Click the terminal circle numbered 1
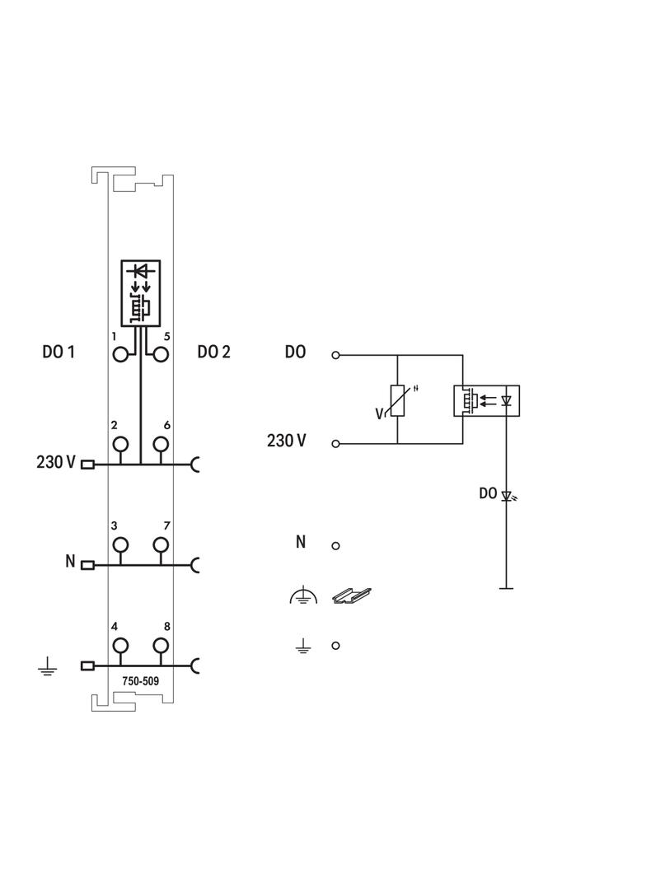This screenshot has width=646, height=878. tap(121, 355)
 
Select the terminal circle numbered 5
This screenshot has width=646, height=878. tap(161, 355)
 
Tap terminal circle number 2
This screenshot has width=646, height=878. tap(121, 444)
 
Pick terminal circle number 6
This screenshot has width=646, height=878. tap(161, 444)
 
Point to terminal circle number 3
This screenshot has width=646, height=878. tap(121, 544)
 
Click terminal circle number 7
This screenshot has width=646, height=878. tap(161, 544)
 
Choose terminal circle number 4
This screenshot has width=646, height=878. tap(121, 645)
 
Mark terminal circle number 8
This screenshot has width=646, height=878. tap(161, 645)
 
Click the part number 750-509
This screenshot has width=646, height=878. tap(141, 681)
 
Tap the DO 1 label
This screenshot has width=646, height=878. tap(59, 353)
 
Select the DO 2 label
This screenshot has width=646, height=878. tap(214, 353)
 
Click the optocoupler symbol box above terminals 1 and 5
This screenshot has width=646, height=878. tap(141, 293)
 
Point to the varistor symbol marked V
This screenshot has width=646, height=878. tap(397, 400)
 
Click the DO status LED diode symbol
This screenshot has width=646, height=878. tap(507, 496)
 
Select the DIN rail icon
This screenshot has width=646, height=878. tap(351, 595)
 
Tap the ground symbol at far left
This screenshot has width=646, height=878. tap(47, 666)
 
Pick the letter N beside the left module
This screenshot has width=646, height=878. tap(70, 563)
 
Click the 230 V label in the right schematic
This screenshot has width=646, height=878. tap(287, 441)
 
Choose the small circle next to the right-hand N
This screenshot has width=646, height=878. tap(335, 545)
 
